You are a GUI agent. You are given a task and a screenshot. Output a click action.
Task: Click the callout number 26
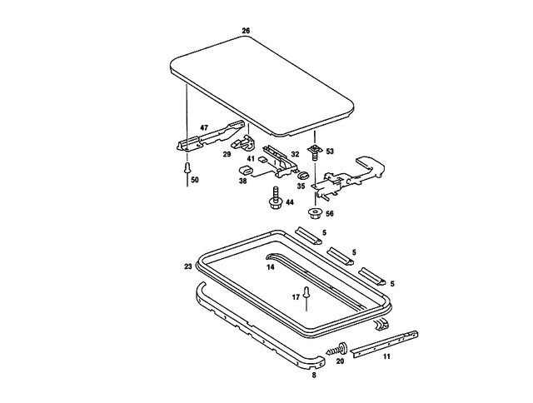coord(246,31)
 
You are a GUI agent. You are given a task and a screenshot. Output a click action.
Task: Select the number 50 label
coord(194,180)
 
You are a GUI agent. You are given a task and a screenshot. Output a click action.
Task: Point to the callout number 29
coord(227,155)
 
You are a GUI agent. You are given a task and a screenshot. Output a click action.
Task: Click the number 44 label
coord(289,202)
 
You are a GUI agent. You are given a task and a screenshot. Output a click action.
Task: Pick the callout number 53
coord(330,152)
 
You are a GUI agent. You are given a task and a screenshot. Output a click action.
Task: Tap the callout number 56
coord(330,214)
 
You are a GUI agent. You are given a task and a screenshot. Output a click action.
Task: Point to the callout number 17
coord(295,296)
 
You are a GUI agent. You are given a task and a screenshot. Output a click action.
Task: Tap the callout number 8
coord(313,376)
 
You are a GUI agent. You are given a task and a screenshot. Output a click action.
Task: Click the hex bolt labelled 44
coord(275,198)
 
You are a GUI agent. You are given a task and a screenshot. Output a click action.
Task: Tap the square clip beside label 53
coord(315,152)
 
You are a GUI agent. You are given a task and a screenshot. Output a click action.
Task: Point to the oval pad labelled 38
coord(245,170)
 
